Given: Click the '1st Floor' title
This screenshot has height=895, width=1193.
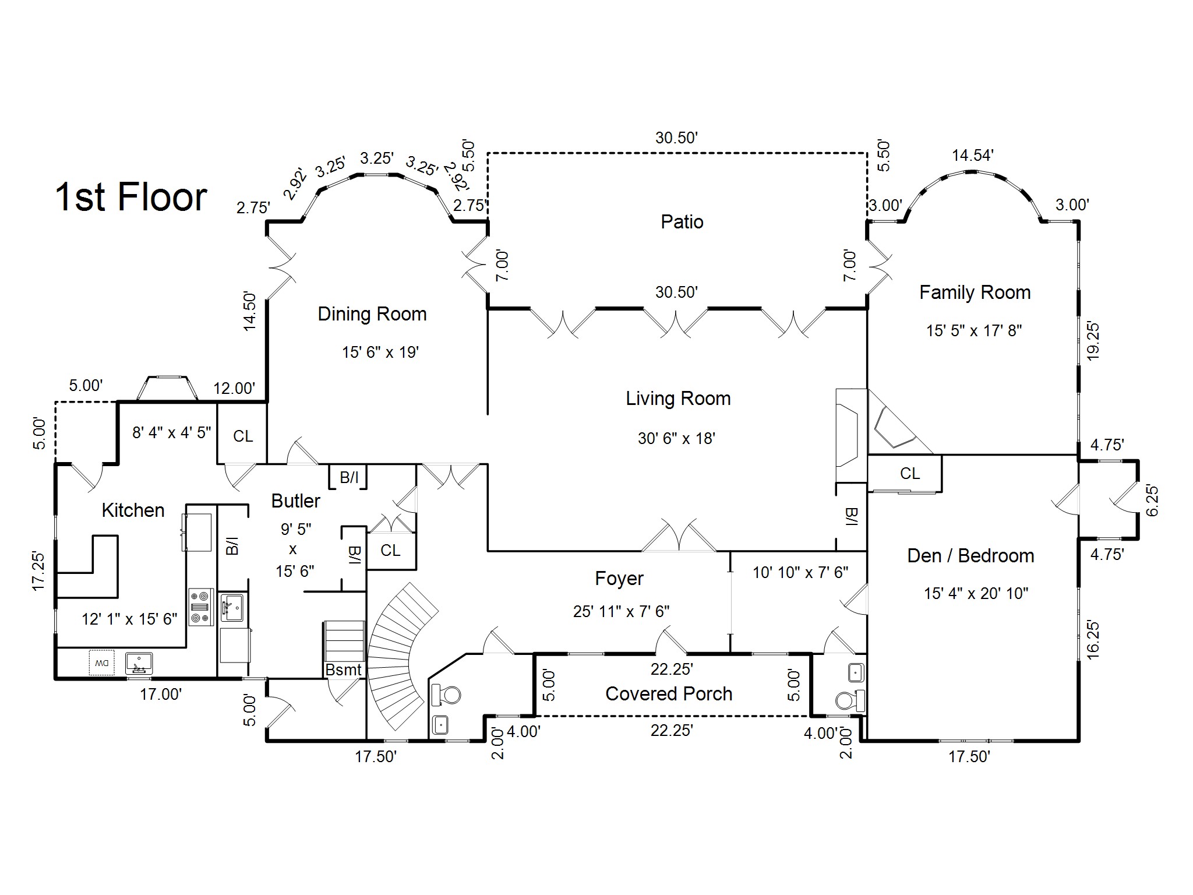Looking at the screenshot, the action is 131,197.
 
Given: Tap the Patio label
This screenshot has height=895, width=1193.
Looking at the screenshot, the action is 682,221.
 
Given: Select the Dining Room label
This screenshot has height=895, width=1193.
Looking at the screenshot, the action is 372,315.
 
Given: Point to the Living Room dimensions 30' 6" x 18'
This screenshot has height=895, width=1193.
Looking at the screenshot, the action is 676,438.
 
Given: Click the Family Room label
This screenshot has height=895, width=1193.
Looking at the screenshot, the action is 975,293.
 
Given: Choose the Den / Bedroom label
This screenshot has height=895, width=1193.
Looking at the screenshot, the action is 971,556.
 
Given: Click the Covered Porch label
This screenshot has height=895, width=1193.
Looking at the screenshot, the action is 669,694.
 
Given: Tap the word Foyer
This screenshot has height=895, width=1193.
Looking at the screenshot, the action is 619,579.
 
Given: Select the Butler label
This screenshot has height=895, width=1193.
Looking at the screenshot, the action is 296,501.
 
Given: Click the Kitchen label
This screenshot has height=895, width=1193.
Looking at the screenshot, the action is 133,510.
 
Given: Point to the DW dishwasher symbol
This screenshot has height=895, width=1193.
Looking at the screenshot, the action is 102,663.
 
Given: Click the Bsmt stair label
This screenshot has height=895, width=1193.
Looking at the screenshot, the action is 344,670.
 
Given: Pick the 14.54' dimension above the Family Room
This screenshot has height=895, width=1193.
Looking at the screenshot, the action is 973,156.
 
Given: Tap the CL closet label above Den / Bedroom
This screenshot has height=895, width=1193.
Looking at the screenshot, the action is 910,474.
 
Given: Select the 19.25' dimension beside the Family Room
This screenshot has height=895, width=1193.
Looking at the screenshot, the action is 1093,341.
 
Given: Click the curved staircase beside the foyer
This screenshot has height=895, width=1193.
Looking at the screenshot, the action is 402,656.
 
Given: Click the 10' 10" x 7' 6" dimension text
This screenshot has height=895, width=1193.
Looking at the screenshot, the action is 800,573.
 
